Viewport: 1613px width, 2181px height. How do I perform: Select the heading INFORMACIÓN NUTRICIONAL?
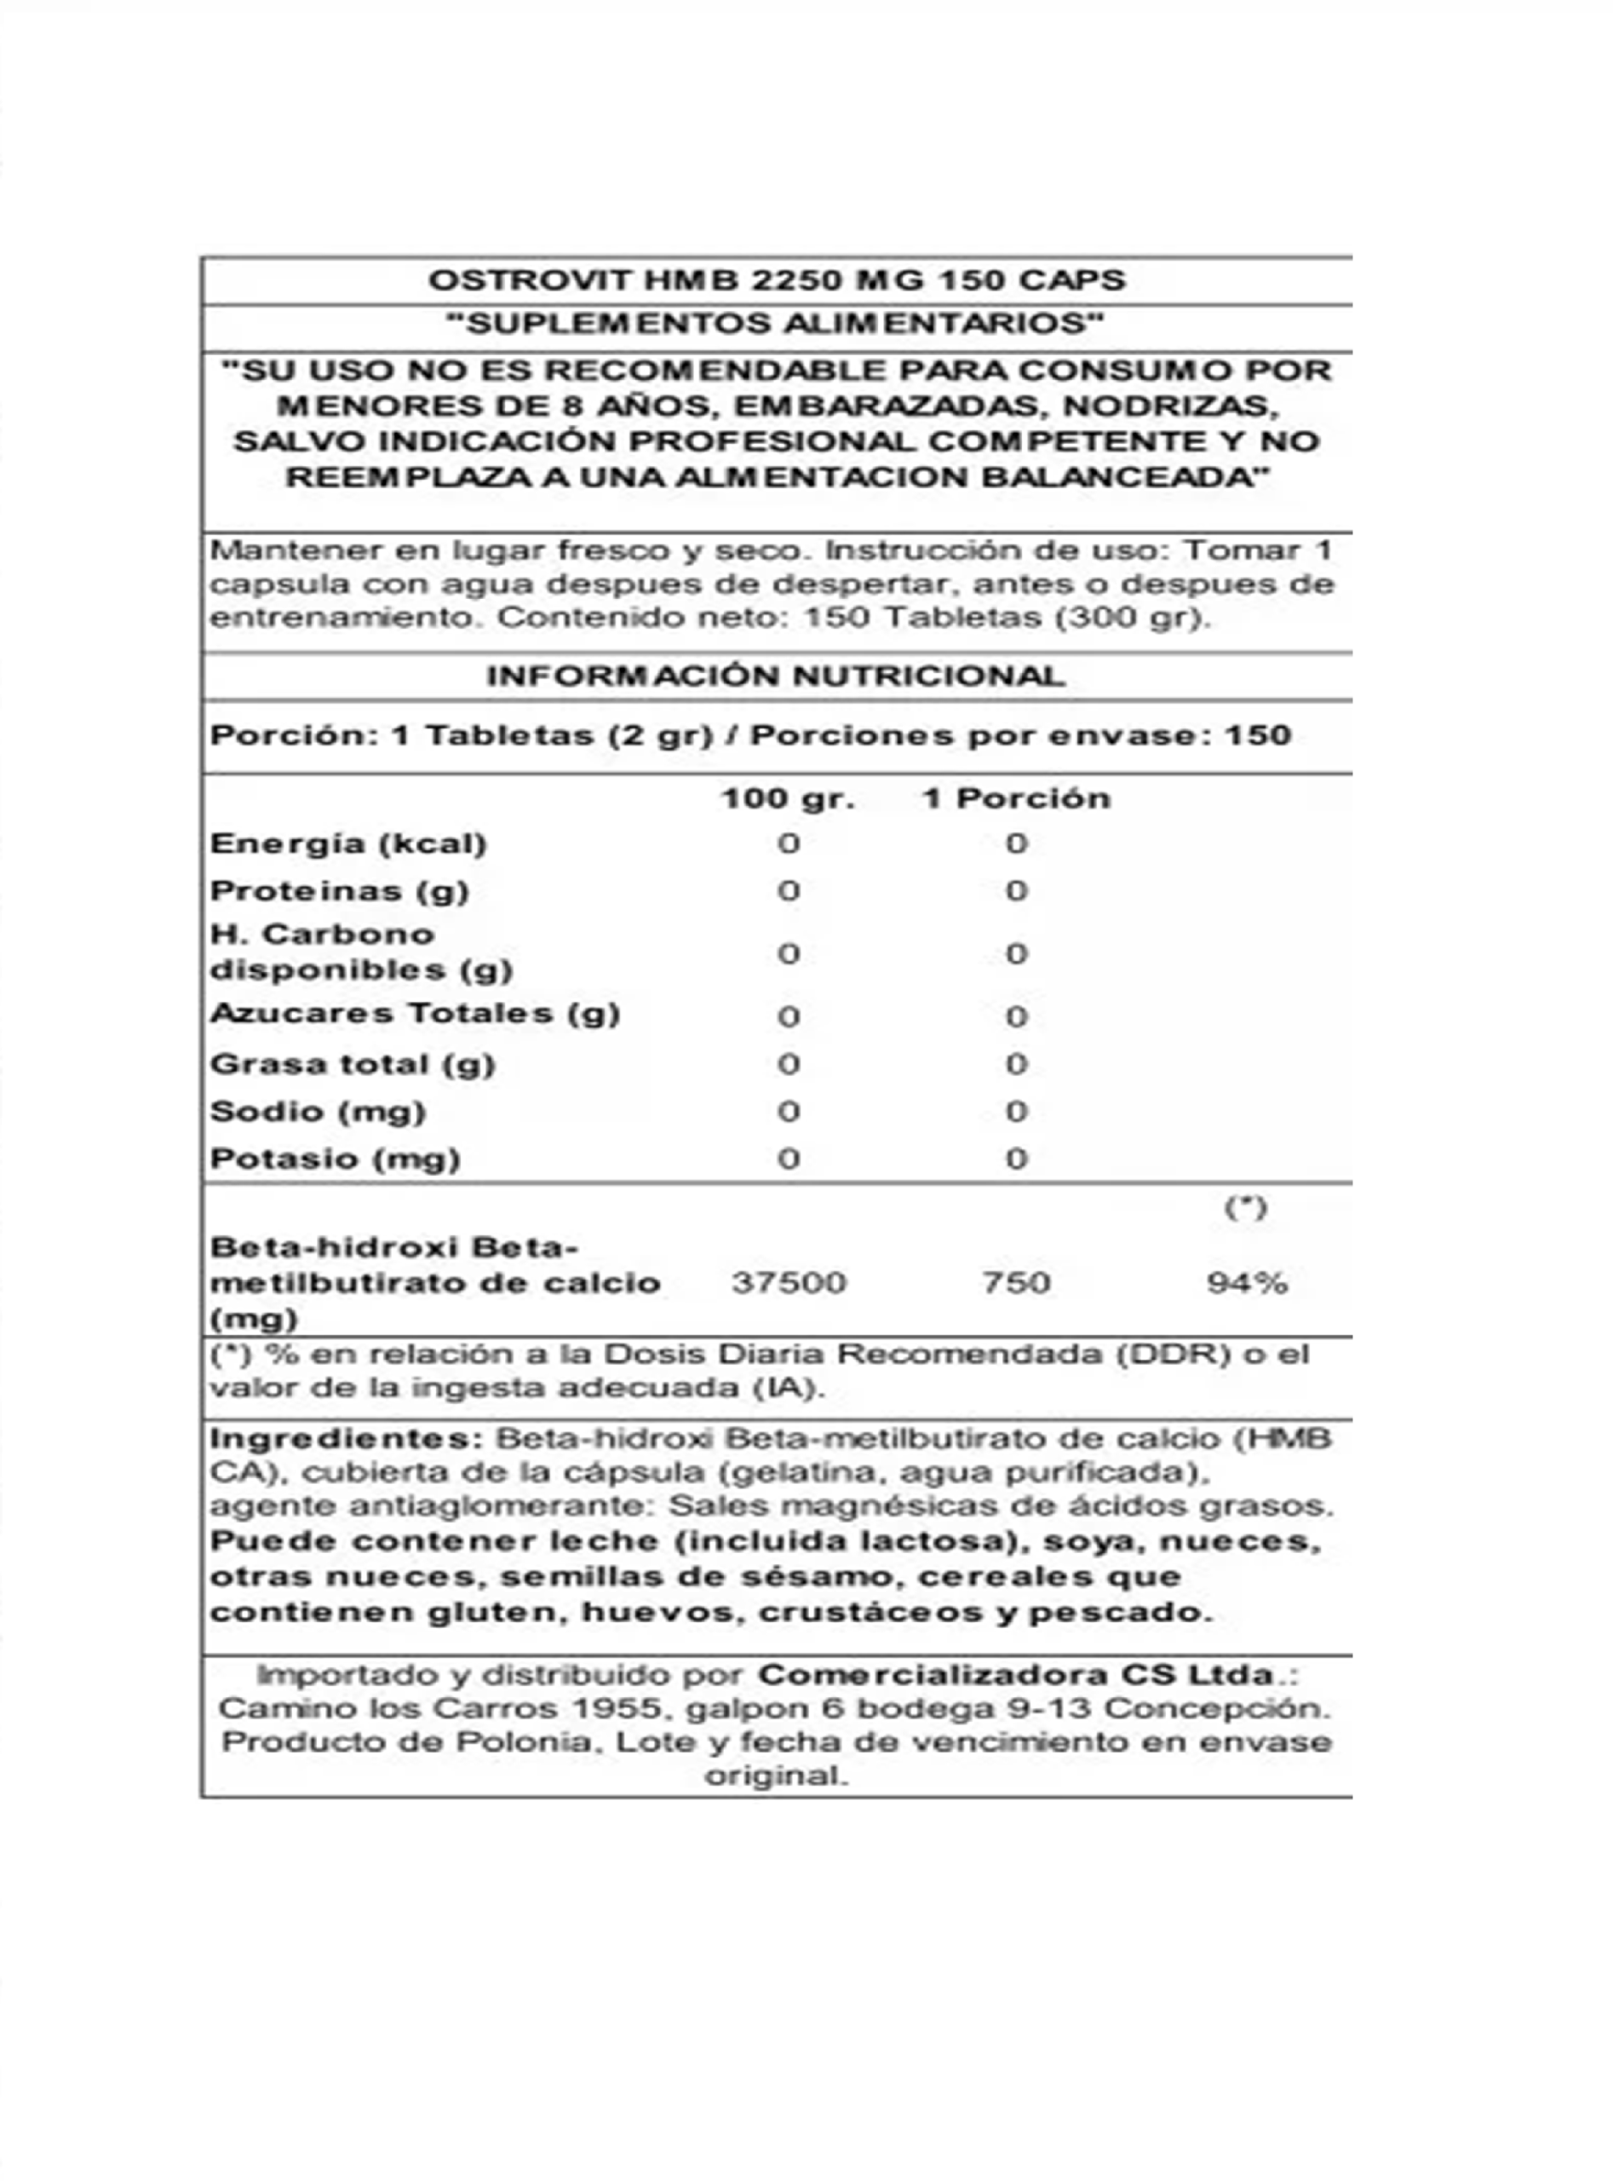(x=775, y=676)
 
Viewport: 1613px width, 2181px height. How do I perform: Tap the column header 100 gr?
(x=788, y=799)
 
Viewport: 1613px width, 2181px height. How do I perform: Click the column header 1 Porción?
(x=1016, y=799)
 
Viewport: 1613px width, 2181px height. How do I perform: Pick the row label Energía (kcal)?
(x=348, y=844)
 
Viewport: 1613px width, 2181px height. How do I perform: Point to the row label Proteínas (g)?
(x=340, y=891)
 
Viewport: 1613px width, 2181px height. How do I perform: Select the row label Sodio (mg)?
(x=319, y=1112)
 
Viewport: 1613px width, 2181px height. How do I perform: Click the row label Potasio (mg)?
(x=335, y=1160)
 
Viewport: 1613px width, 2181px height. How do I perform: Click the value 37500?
(x=789, y=1282)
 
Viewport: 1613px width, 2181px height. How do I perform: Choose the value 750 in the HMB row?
(x=1016, y=1282)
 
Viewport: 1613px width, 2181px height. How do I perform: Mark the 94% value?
(x=1247, y=1282)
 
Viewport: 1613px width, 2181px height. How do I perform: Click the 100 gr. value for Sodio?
(x=789, y=1112)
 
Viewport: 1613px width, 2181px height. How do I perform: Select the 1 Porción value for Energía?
(x=1016, y=844)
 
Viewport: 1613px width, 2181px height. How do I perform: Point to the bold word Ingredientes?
(x=347, y=1439)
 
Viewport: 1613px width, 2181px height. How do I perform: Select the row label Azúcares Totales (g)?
(x=415, y=1014)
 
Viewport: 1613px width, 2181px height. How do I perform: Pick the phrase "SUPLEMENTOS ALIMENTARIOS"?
(x=775, y=325)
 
